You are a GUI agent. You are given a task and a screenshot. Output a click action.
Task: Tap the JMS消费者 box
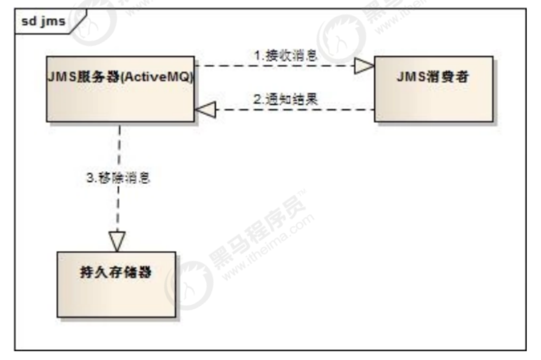434,89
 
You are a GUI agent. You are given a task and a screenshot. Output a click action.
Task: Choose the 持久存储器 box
116,284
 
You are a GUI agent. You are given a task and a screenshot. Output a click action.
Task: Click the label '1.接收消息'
286,56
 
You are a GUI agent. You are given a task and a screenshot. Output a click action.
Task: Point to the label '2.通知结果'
286,99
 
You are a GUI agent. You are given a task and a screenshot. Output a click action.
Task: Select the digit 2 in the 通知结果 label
257,99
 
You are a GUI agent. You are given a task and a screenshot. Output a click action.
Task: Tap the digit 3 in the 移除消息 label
89,178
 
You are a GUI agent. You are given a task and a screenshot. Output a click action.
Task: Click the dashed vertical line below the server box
119,148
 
